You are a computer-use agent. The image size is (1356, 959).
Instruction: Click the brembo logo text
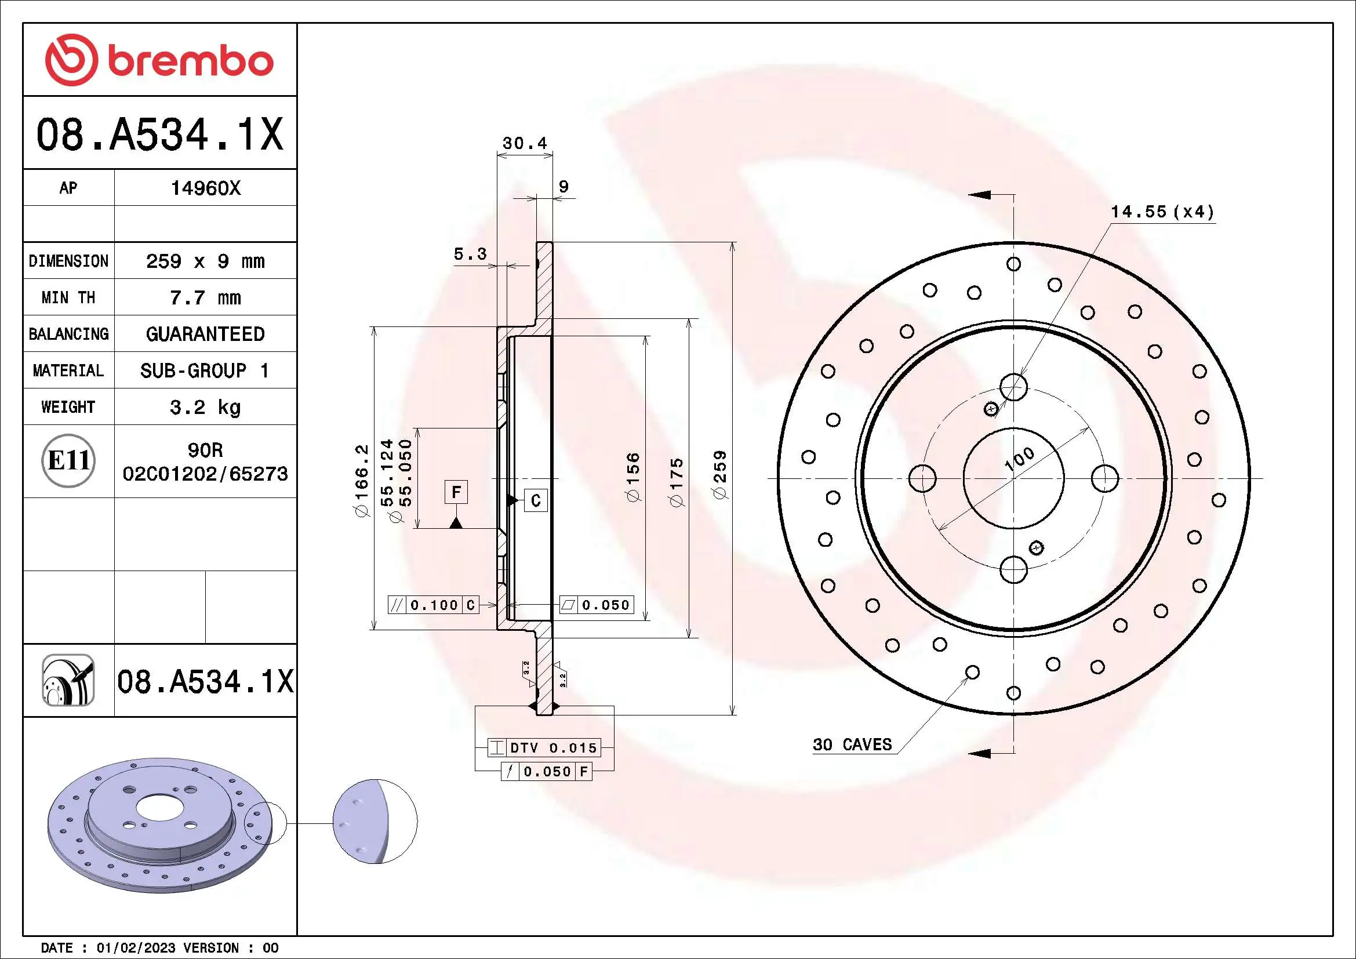(190, 62)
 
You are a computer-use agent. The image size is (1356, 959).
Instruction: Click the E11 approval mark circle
(68, 460)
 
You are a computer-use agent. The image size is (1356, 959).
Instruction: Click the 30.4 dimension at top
(525, 143)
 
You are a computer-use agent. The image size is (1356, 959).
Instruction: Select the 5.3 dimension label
(470, 254)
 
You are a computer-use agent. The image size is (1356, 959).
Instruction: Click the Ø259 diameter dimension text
(720, 475)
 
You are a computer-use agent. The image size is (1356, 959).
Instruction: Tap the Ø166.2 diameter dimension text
(361, 481)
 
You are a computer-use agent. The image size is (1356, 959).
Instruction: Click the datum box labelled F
(456, 492)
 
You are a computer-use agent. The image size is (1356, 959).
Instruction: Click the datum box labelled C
(536, 500)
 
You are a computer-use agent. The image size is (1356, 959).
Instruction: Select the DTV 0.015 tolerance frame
(544, 747)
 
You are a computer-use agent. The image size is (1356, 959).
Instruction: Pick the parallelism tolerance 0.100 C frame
(433, 605)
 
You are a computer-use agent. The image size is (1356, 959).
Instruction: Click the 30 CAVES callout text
(852, 744)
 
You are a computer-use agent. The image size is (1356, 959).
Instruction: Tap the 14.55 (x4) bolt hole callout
(1162, 212)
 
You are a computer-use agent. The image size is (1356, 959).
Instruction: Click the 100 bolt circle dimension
(1019, 459)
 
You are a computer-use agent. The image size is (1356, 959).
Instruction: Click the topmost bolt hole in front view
(1013, 387)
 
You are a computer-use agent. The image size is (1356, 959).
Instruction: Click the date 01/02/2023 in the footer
(136, 948)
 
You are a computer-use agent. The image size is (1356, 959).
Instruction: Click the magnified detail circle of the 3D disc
(375, 822)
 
